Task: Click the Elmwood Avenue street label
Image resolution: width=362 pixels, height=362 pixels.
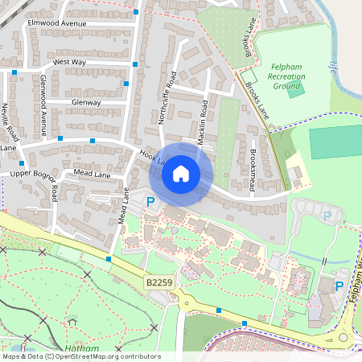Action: click(56, 24)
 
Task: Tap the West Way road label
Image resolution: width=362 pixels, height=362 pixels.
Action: click(69, 62)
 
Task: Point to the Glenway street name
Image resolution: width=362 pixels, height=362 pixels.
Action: click(86, 103)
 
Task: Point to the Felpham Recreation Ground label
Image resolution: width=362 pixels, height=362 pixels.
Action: click(287, 76)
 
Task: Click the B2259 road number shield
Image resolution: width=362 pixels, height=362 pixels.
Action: click(159, 283)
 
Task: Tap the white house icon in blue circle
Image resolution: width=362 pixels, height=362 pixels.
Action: click(181, 173)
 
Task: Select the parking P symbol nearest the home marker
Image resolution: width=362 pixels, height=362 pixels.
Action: click(150, 201)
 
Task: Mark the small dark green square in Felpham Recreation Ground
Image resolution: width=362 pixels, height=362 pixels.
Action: click(296, 88)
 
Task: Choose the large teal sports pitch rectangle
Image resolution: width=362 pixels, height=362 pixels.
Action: click(335, 142)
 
